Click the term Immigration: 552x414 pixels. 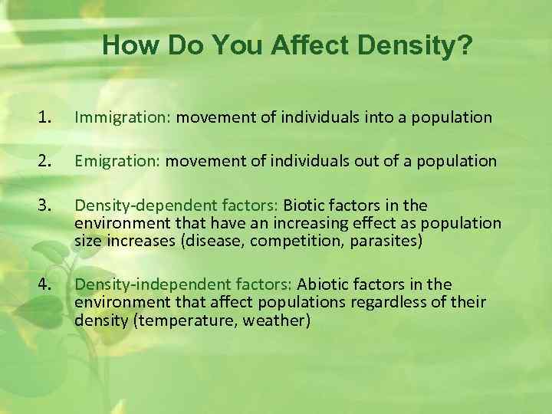click(x=124, y=117)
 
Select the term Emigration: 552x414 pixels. click(x=118, y=162)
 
